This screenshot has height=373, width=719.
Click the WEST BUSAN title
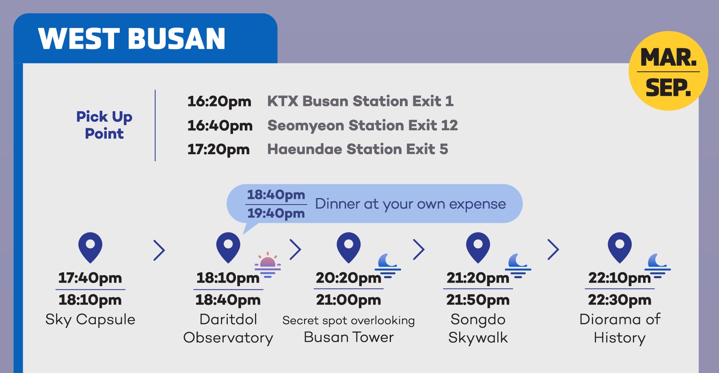(x=132, y=39)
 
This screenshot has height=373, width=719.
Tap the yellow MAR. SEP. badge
(x=668, y=71)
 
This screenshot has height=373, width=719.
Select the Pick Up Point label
(x=104, y=125)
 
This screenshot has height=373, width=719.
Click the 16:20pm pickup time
(x=219, y=101)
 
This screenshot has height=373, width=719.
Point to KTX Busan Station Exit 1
(x=360, y=101)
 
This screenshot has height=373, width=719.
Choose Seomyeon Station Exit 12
(x=363, y=125)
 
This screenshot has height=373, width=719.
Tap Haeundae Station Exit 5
(x=358, y=149)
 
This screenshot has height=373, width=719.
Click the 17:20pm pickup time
(x=218, y=149)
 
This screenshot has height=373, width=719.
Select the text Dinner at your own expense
(x=410, y=204)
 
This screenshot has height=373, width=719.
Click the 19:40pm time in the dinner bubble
(x=276, y=213)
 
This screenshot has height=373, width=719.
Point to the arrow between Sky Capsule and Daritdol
(x=159, y=250)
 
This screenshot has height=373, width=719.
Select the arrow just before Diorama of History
(x=553, y=249)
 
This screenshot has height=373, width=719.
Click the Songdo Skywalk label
(x=478, y=328)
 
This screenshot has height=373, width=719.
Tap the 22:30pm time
(x=620, y=300)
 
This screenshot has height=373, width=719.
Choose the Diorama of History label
(x=620, y=328)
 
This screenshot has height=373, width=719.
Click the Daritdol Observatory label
(x=228, y=328)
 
